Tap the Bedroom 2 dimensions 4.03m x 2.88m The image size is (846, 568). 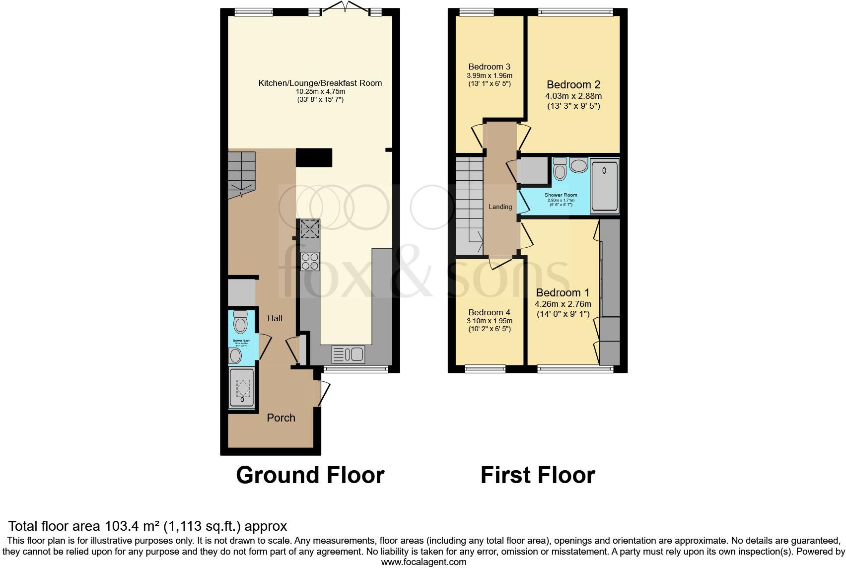[573, 96]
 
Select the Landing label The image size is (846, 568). [500, 207]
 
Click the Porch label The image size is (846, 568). [281, 418]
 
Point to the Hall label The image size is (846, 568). [275, 318]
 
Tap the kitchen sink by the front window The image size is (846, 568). [348, 354]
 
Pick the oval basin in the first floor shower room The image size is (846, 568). [578, 165]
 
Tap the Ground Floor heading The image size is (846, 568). [310, 475]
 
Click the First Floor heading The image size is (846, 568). [538, 475]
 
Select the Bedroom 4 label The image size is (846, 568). [489, 312]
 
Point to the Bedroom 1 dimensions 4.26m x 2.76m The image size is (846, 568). [563, 304]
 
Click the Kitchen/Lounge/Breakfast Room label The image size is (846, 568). [320, 83]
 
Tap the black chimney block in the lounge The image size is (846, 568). [314, 157]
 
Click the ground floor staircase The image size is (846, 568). [241, 174]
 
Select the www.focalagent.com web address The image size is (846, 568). [423, 562]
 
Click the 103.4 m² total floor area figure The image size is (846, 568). [132, 526]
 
